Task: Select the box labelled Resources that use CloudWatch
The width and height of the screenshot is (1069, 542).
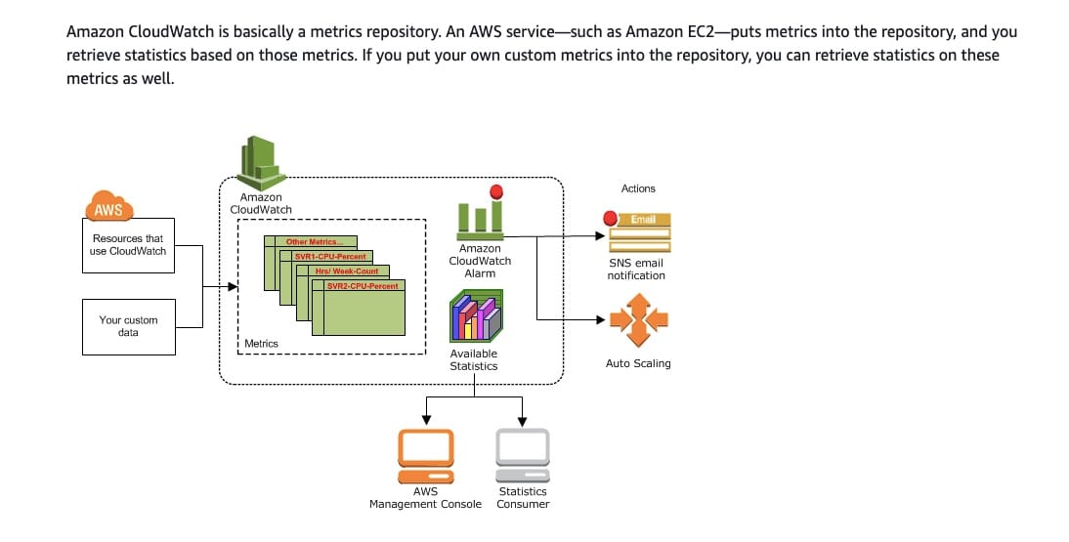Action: (128, 244)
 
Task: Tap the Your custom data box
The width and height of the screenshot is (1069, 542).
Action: (128, 326)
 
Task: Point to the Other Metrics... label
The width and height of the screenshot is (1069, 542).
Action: (314, 241)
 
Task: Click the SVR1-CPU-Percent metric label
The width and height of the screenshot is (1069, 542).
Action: (330, 256)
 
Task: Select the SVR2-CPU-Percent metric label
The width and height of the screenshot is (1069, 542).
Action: (363, 285)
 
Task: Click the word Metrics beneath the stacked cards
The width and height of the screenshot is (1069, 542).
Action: (261, 344)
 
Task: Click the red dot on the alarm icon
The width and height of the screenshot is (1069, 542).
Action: (495, 191)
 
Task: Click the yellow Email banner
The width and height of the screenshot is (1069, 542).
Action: (642, 220)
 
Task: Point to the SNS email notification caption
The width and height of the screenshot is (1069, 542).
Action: (636, 269)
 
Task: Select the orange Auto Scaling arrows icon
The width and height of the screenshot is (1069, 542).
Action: (638, 319)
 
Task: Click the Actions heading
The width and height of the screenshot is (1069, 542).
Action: (638, 188)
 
